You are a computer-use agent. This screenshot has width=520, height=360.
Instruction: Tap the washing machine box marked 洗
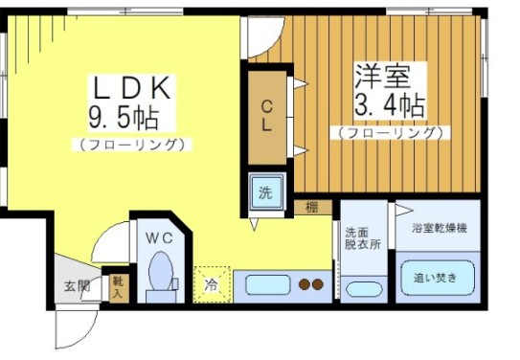pos(266,192)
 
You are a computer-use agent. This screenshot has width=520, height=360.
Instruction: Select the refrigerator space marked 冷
pos(211,282)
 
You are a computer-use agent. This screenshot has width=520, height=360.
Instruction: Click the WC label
pos(159,236)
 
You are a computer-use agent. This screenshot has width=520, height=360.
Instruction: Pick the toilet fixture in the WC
pos(160,273)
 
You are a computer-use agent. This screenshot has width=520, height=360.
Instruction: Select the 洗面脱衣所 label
pos(363,237)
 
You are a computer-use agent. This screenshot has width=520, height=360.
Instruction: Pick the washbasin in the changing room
pos(362,288)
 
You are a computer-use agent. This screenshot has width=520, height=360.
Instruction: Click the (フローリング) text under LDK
pos(131,145)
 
